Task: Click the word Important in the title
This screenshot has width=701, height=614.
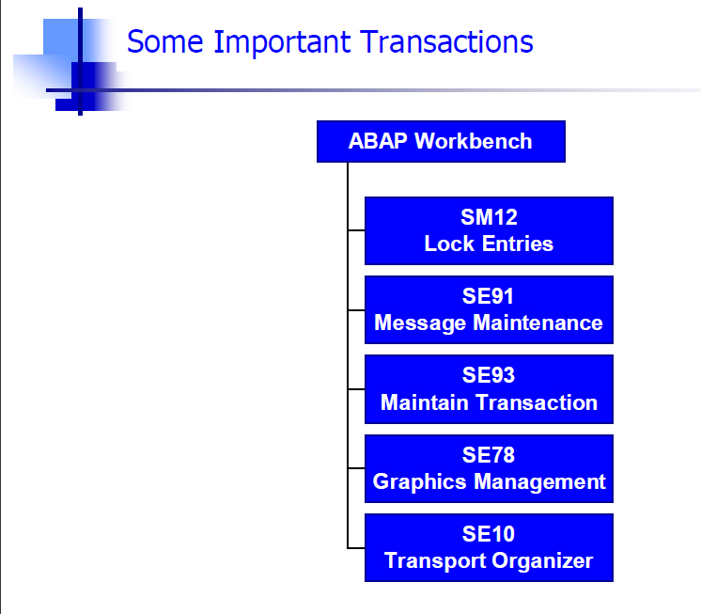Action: click(x=282, y=43)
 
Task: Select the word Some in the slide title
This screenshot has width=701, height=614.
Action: click(x=165, y=42)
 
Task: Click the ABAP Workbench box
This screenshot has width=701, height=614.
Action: click(x=441, y=141)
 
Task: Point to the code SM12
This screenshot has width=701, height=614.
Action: click(x=489, y=217)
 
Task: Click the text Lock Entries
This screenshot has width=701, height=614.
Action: click(x=489, y=244)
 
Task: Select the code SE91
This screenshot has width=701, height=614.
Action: click(x=489, y=296)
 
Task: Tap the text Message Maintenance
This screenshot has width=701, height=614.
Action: click(x=489, y=323)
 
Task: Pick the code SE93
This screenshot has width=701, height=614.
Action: click(x=489, y=375)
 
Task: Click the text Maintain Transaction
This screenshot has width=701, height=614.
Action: click(x=489, y=402)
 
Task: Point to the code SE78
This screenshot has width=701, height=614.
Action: click(x=489, y=455)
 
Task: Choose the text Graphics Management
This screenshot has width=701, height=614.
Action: click(x=489, y=482)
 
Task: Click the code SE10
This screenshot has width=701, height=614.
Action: click(x=489, y=534)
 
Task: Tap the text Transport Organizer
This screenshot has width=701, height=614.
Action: click(x=489, y=560)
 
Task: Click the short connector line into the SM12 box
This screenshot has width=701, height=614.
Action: click(x=356, y=230)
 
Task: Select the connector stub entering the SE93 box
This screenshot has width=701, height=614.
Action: click(x=356, y=389)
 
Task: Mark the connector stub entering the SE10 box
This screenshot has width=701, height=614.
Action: click(x=356, y=548)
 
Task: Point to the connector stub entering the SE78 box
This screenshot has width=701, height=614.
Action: click(x=356, y=468)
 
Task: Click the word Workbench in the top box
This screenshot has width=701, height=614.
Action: click(x=474, y=141)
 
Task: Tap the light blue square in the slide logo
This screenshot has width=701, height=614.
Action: click(x=61, y=37)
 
